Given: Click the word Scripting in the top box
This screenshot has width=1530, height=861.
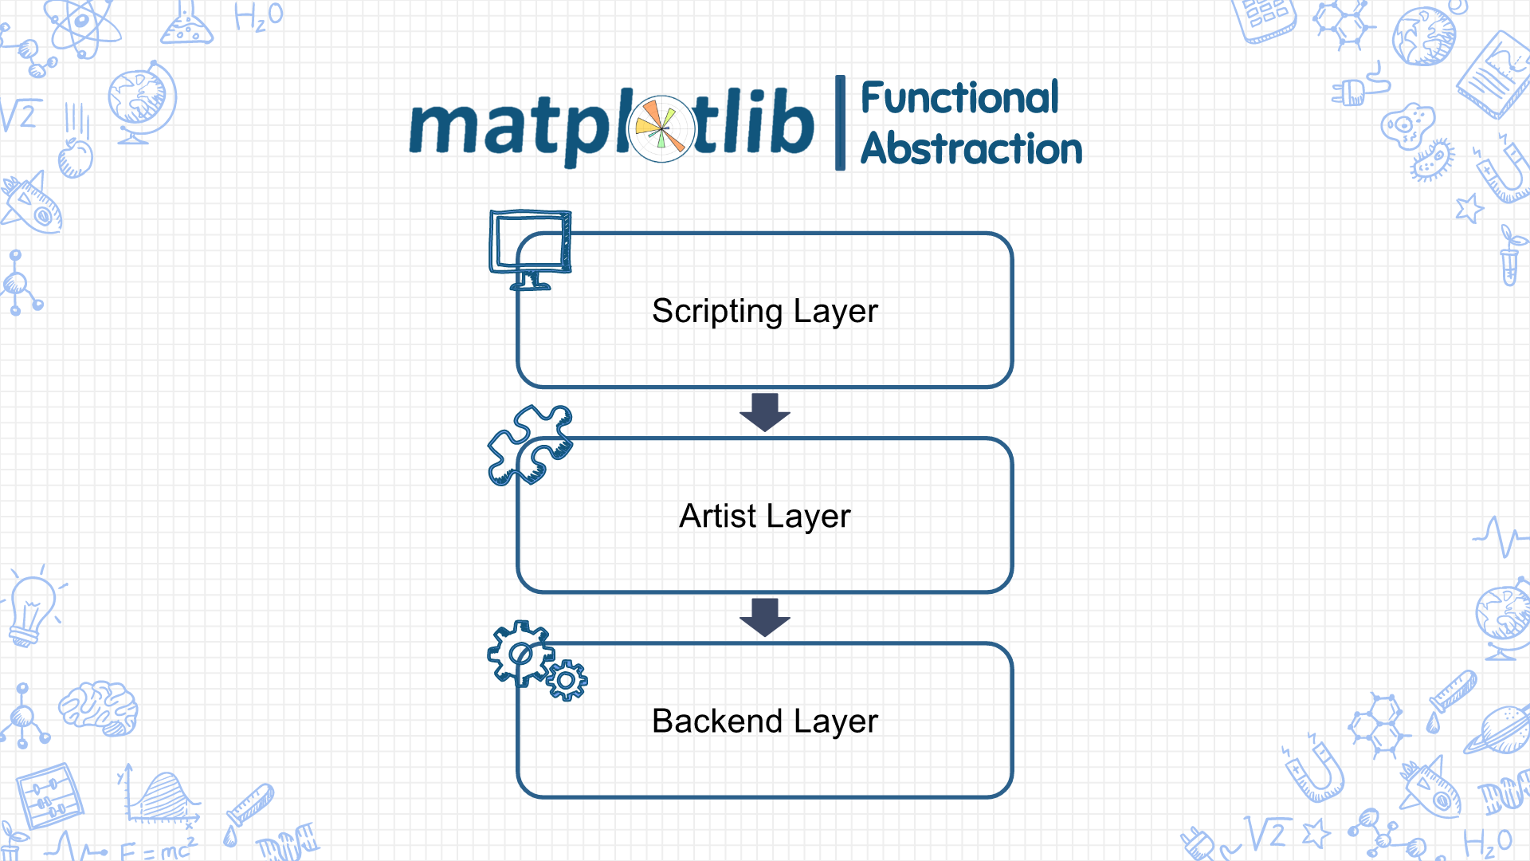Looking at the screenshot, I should pos(717,312).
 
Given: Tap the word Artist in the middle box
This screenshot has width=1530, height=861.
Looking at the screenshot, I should pos(717,516).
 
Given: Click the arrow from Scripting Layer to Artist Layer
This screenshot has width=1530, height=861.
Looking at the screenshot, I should pos(765,412).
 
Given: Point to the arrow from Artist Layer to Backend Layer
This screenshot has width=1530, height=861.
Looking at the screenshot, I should pos(765,617).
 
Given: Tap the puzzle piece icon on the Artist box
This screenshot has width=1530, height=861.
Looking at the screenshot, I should pos(530,445).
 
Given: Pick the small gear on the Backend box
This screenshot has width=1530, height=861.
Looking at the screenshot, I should pos(567,681).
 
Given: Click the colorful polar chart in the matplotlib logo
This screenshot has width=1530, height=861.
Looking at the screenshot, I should pos(662,128).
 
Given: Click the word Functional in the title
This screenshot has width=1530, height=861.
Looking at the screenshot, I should pos(960,98).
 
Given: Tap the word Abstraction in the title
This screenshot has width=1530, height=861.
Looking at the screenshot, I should pos(971,149).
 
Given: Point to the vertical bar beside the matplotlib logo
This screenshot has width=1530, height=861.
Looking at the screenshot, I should pos(840,123).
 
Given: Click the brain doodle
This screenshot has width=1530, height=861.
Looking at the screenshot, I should pos(99,707).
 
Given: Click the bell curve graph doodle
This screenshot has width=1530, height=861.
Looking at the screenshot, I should pos(162,797).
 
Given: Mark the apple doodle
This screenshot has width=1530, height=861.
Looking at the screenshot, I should pos(76,158).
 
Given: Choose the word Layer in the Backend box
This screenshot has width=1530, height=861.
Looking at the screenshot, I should pos(835,722).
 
